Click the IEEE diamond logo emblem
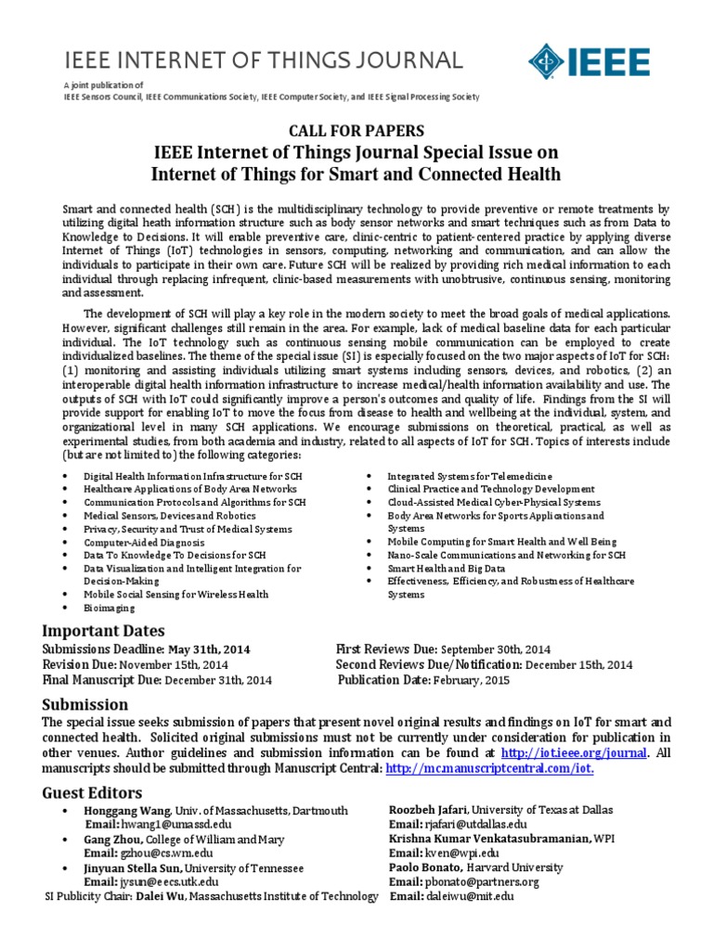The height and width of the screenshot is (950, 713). coord(547,61)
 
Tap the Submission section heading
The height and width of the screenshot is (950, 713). coord(85,704)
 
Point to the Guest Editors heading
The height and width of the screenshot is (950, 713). coord(93,792)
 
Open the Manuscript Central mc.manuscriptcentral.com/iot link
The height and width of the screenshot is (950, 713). coord(489,769)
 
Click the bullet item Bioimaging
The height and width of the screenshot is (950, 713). coord(110,608)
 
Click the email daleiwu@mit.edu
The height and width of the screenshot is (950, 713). coord(469,896)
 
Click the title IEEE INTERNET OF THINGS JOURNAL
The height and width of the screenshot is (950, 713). coord(263,61)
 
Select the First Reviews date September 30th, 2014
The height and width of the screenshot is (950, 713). coord(495,649)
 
